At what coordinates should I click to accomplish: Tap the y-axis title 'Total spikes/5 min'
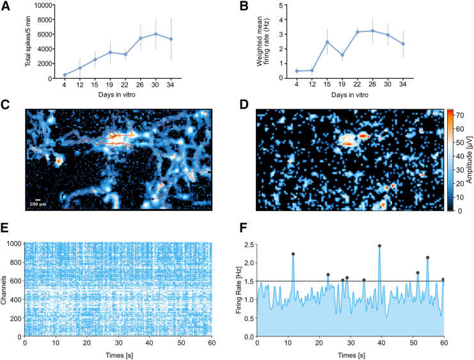click(28, 42)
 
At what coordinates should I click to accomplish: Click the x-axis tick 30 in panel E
click(119, 343)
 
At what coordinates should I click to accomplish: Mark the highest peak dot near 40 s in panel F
click(379, 246)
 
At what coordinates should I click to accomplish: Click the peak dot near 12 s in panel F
click(293, 254)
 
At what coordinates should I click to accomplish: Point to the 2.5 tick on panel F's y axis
click(250, 243)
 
